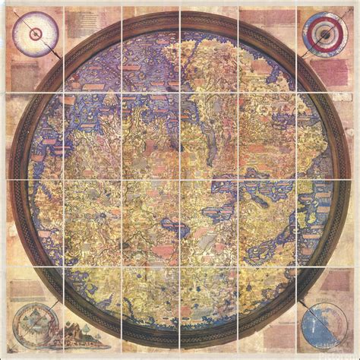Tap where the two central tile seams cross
[180, 180]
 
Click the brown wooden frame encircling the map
[180, 16]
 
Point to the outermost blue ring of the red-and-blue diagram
[324, 13]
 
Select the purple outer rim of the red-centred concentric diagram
[34, 13]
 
